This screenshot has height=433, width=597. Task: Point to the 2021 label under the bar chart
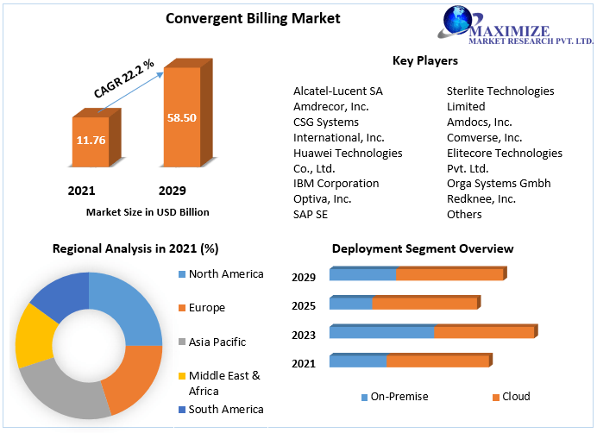(81, 191)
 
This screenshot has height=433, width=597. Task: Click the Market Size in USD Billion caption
(148, 212)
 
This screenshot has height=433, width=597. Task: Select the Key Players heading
(424, 61)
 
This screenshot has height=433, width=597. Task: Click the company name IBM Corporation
(336, 184)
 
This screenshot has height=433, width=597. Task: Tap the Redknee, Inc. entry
(481, 199)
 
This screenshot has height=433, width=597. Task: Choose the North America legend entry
(226, 274)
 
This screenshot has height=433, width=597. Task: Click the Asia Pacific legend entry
(217, 342)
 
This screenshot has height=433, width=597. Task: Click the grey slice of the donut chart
(60, 389)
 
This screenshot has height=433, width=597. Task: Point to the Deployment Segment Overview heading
(423, 249)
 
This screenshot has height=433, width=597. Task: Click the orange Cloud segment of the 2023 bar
(483, 332)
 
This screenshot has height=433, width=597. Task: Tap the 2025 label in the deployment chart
(304, 306)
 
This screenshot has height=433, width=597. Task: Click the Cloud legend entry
(516, 397)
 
